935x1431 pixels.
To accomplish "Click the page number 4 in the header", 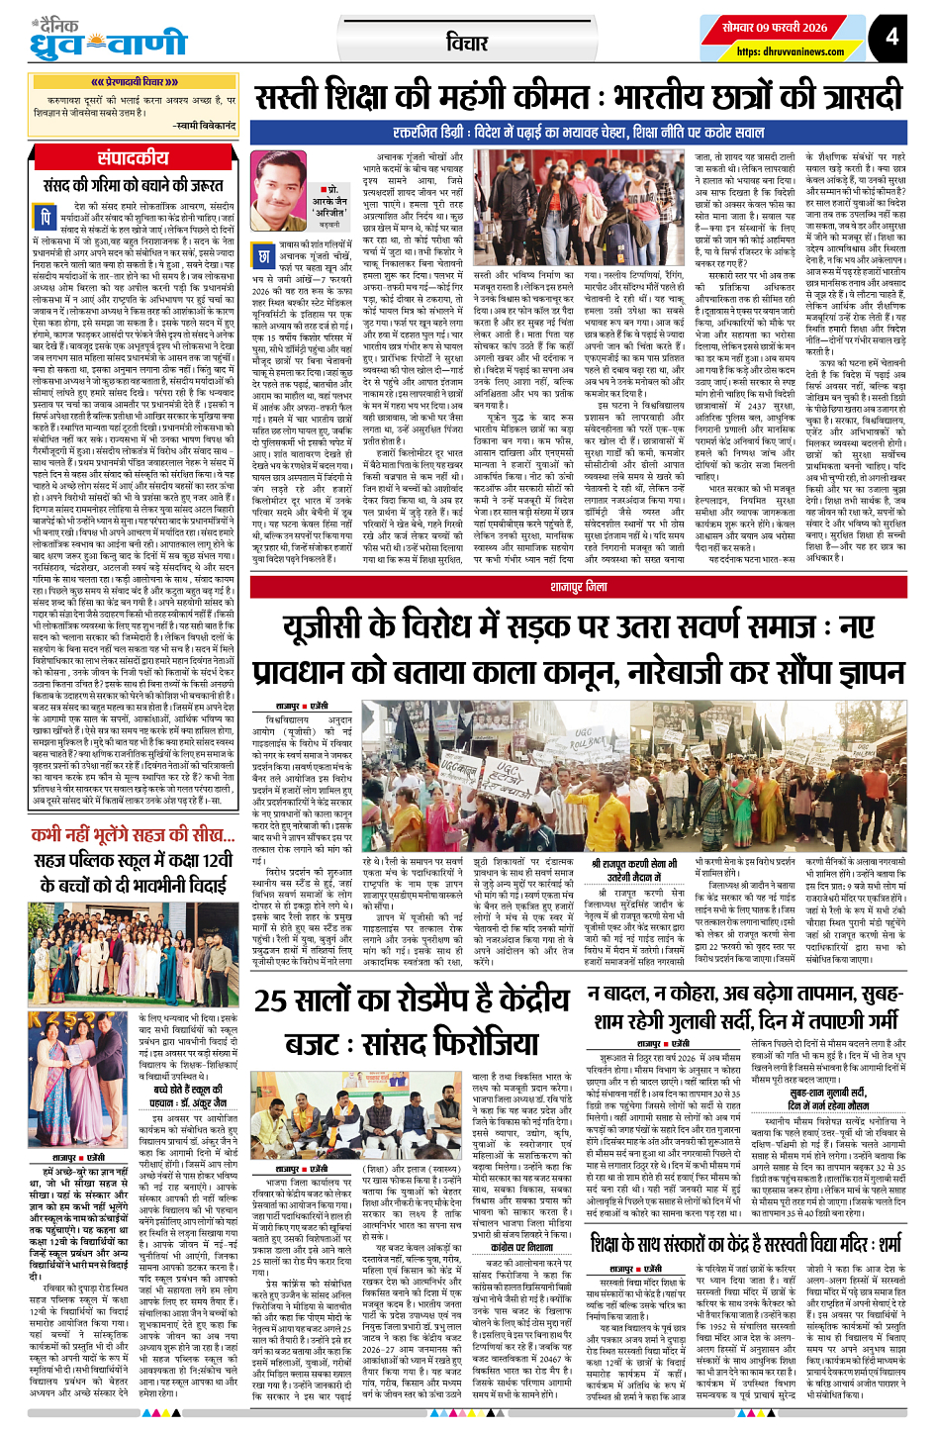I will (x=891, y=37).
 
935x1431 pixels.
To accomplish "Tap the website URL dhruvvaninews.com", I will (x=791, y=52).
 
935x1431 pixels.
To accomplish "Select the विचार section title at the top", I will (x=467, y=43).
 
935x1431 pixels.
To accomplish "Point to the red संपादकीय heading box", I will (x=134, y=158).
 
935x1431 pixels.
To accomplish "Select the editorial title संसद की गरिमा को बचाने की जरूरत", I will (x=134, y=185).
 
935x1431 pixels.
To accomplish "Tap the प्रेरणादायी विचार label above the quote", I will (x=134, y=82).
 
